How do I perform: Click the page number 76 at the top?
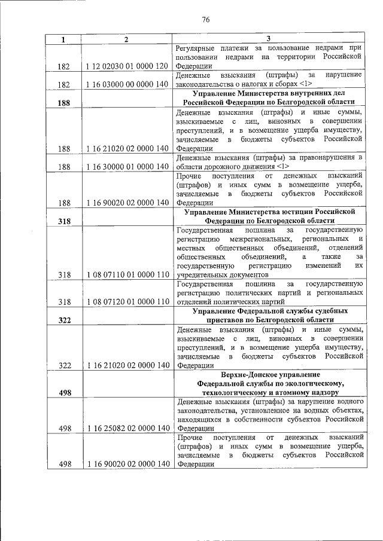(205, 20)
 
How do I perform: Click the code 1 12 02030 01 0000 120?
(126, 66)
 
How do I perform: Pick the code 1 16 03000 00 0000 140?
(126, 84)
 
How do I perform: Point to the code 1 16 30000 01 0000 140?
(126, 166)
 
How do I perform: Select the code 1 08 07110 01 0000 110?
(126, 274)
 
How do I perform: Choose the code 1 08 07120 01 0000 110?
(126, 302)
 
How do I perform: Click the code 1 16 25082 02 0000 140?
(126, 428)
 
